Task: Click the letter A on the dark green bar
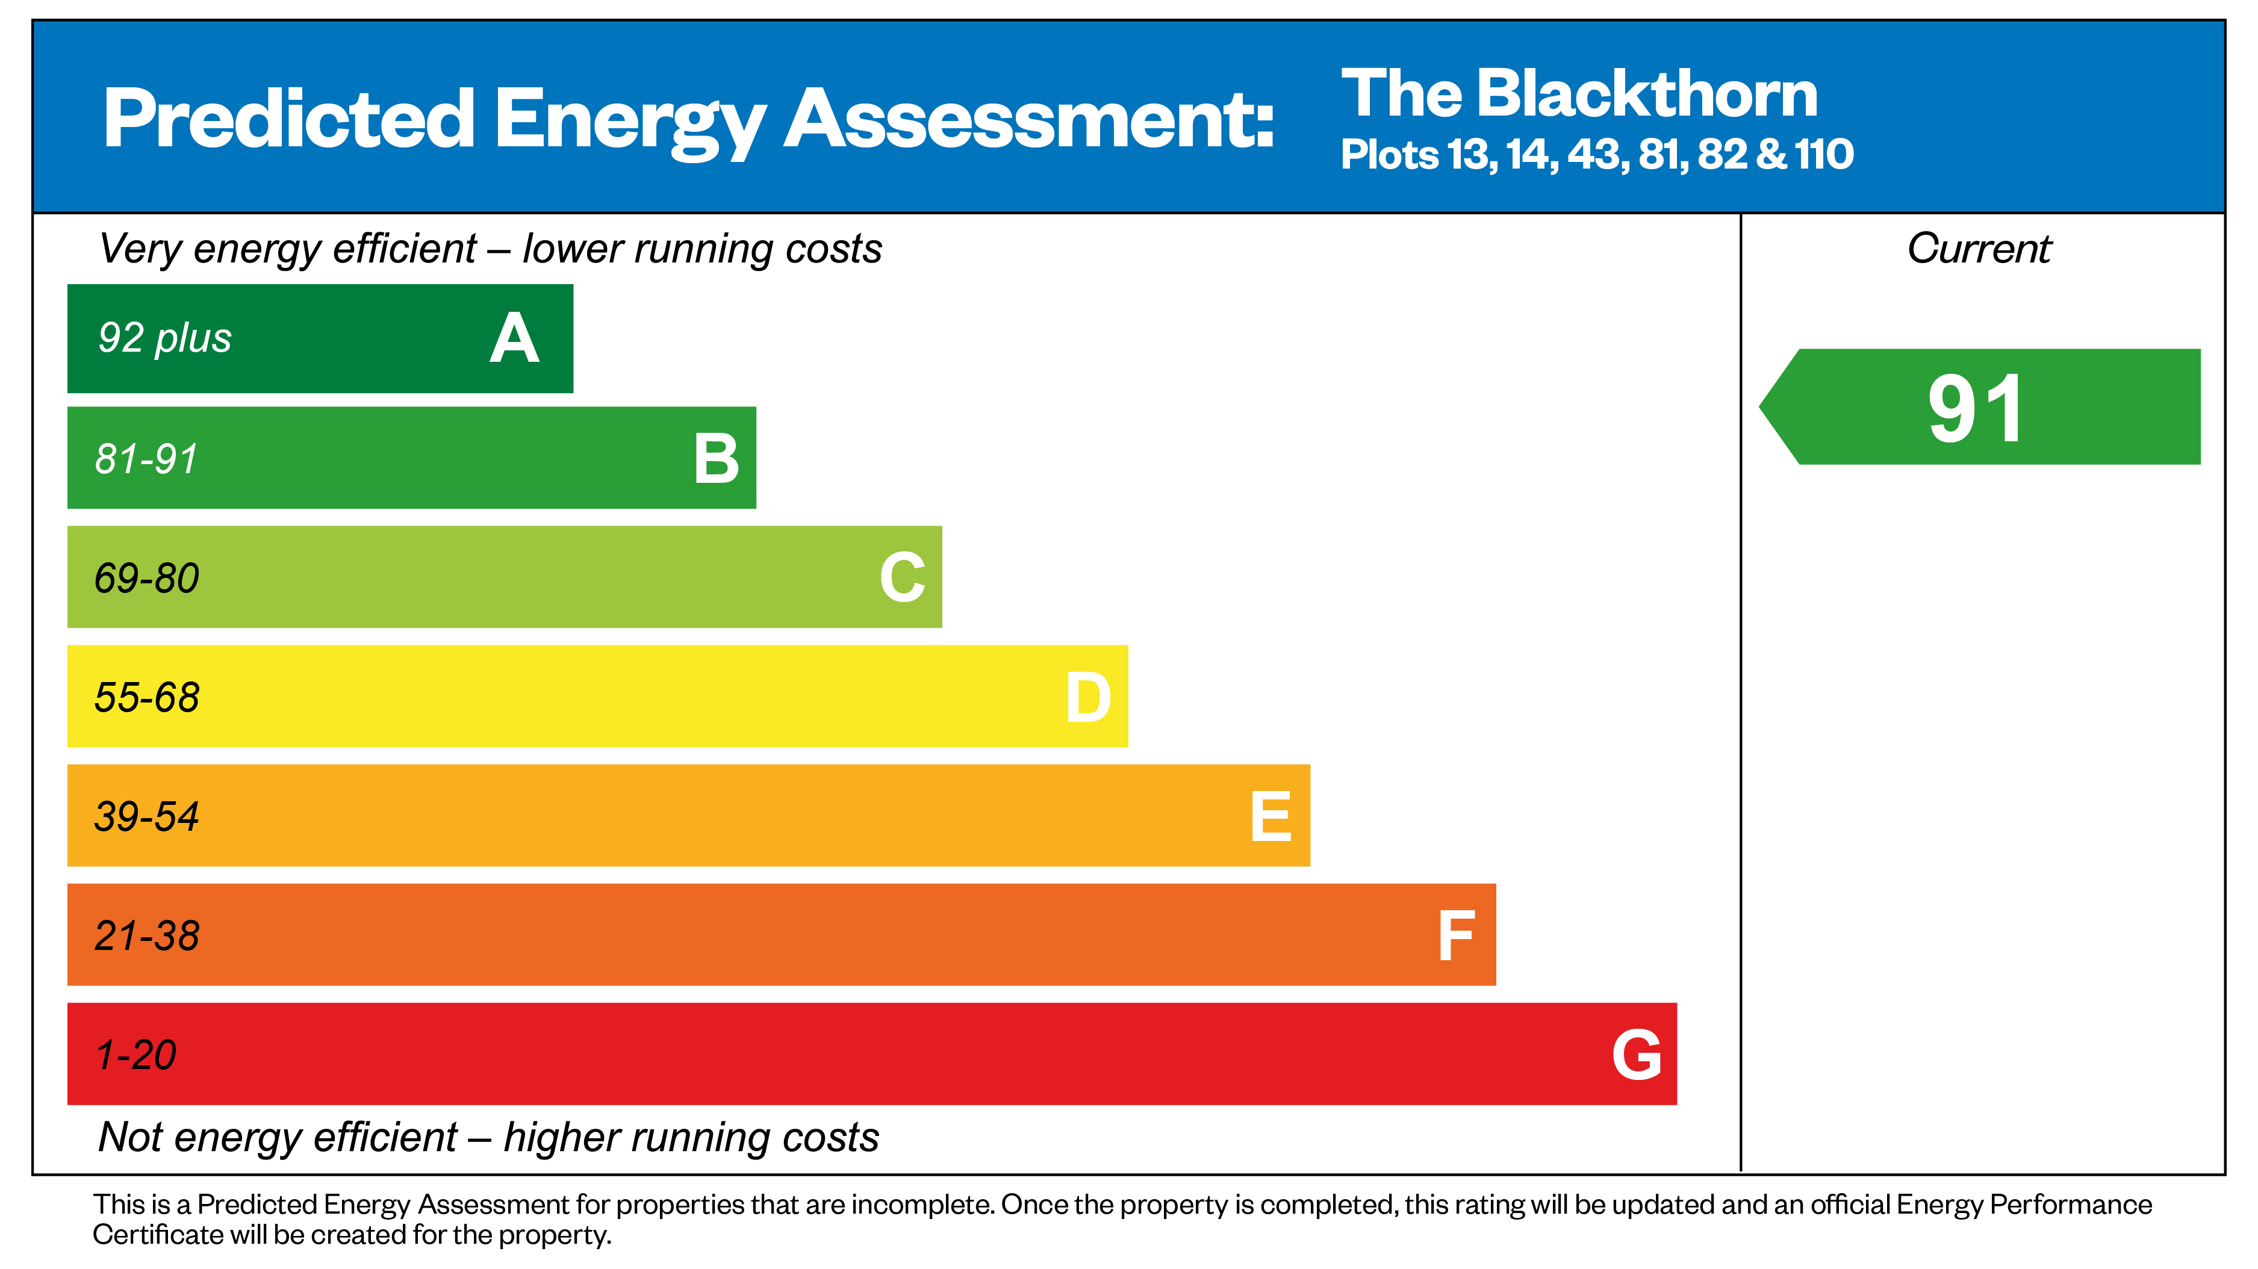tap(515, 339)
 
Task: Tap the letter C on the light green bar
tap(902, 577)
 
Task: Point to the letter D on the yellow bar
tap(1088, 698)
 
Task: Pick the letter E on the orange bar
tap(1271, 817)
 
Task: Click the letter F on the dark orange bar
tap(1456, 936)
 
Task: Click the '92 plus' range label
tap(165, 338)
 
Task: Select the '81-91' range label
tap(146, 458)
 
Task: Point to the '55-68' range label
tap(146, 698)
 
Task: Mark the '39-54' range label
tap(146, 817)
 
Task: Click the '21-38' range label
tap(146, 936)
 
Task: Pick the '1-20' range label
tap(136, 1055)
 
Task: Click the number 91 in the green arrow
tap(1976, 408)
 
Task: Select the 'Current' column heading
tap(1979, 249)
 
